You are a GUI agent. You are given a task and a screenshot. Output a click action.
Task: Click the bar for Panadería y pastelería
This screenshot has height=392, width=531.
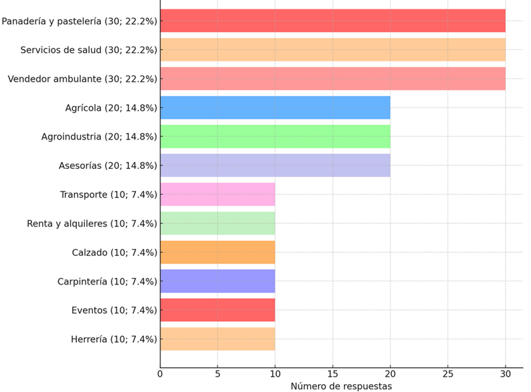(332, 21)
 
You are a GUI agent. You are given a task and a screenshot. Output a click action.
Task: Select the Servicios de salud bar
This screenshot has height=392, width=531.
(332, 49)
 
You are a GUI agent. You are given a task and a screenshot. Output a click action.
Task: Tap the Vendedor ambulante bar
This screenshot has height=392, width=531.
(332, 79)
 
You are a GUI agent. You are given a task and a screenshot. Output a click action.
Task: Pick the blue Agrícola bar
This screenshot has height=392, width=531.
(275, 108)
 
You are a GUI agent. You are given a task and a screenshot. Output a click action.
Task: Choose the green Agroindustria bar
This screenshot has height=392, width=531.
(275, 136)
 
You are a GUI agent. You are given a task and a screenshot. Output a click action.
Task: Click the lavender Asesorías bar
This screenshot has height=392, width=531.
(275, 166)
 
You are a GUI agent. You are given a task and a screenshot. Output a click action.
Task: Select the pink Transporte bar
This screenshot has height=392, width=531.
(217, 194)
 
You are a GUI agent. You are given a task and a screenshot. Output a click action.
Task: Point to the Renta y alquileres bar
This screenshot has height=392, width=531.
(217, 223)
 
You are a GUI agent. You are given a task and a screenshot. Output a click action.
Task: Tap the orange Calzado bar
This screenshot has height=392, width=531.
(217, 252)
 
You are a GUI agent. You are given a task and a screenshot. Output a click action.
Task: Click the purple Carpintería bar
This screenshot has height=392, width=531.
(217, 281)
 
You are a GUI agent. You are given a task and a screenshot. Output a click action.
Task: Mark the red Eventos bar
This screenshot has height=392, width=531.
(217, 310)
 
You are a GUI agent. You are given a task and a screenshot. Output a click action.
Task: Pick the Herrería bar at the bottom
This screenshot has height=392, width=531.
(217, 339)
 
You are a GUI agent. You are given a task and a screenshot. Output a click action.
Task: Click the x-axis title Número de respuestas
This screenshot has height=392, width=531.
(341, 386)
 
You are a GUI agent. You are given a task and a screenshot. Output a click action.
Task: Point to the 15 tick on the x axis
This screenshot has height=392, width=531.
(332, 374)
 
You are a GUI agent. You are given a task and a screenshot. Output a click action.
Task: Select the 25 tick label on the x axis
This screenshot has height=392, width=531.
(447, 374)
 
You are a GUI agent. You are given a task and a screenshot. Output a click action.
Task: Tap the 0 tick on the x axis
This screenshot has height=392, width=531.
(160, 374)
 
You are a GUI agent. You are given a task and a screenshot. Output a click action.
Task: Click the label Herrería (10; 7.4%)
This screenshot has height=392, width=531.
(114, 339)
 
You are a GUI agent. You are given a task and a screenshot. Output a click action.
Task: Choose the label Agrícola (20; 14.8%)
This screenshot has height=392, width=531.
(111, 108)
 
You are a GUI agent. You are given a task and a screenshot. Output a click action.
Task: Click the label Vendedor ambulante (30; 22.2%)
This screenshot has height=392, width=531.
(82, 79)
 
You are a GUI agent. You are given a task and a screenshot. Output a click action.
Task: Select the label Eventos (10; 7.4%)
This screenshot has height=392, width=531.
(114, 310)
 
